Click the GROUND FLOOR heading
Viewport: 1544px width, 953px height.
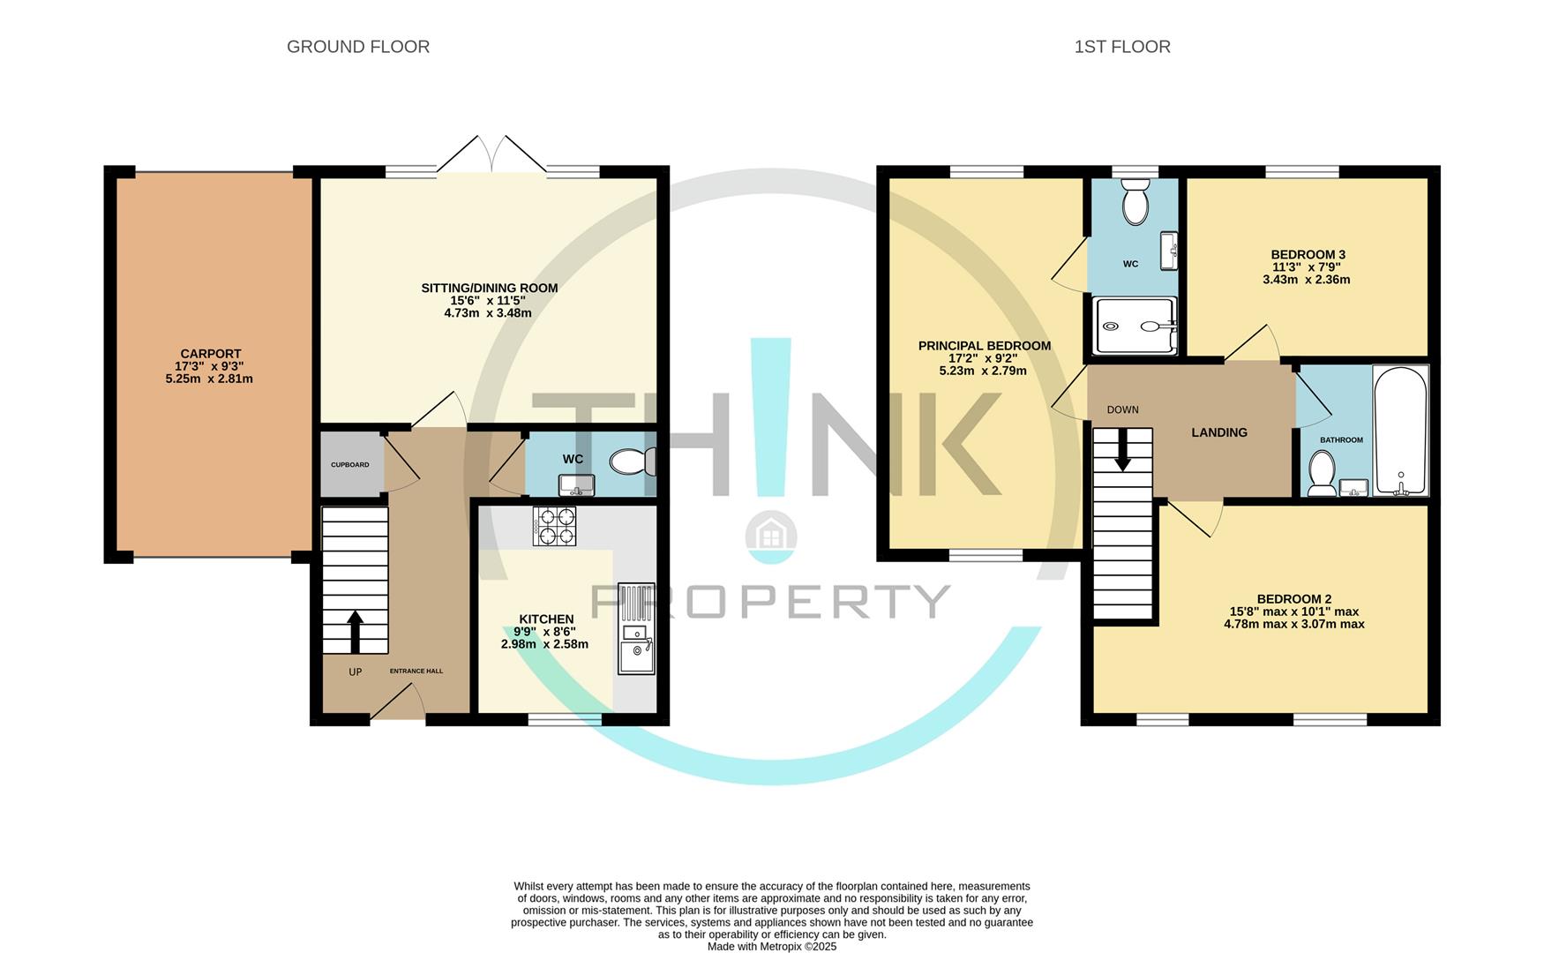pos(358,47)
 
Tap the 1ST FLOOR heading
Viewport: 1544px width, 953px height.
pos(1121,47)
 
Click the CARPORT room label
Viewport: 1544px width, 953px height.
pos(211,354)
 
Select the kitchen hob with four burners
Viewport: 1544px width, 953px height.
pos(554,526)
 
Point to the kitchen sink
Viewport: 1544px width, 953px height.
pos(636,630)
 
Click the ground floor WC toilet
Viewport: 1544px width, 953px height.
pos(633,461)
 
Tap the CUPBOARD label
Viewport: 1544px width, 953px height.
pos(350,465)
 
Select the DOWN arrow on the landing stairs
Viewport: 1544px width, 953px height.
pos(1122,452)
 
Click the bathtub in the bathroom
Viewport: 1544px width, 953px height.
pos(1400,430)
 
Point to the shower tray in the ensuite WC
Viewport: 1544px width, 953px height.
pos(1134,326)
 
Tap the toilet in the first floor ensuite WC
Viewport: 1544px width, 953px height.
pos(1135,204)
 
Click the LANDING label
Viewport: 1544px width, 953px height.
pos(1219,432)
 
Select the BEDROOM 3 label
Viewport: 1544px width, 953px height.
pos(1308,255)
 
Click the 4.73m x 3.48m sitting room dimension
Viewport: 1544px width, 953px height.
pos(488,312)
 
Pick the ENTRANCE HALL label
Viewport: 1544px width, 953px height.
pos(416,671)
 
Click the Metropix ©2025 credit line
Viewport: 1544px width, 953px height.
pos(771,946)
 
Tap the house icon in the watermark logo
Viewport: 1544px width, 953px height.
pos(771,536)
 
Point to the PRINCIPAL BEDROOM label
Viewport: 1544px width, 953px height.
pos(984,346)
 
